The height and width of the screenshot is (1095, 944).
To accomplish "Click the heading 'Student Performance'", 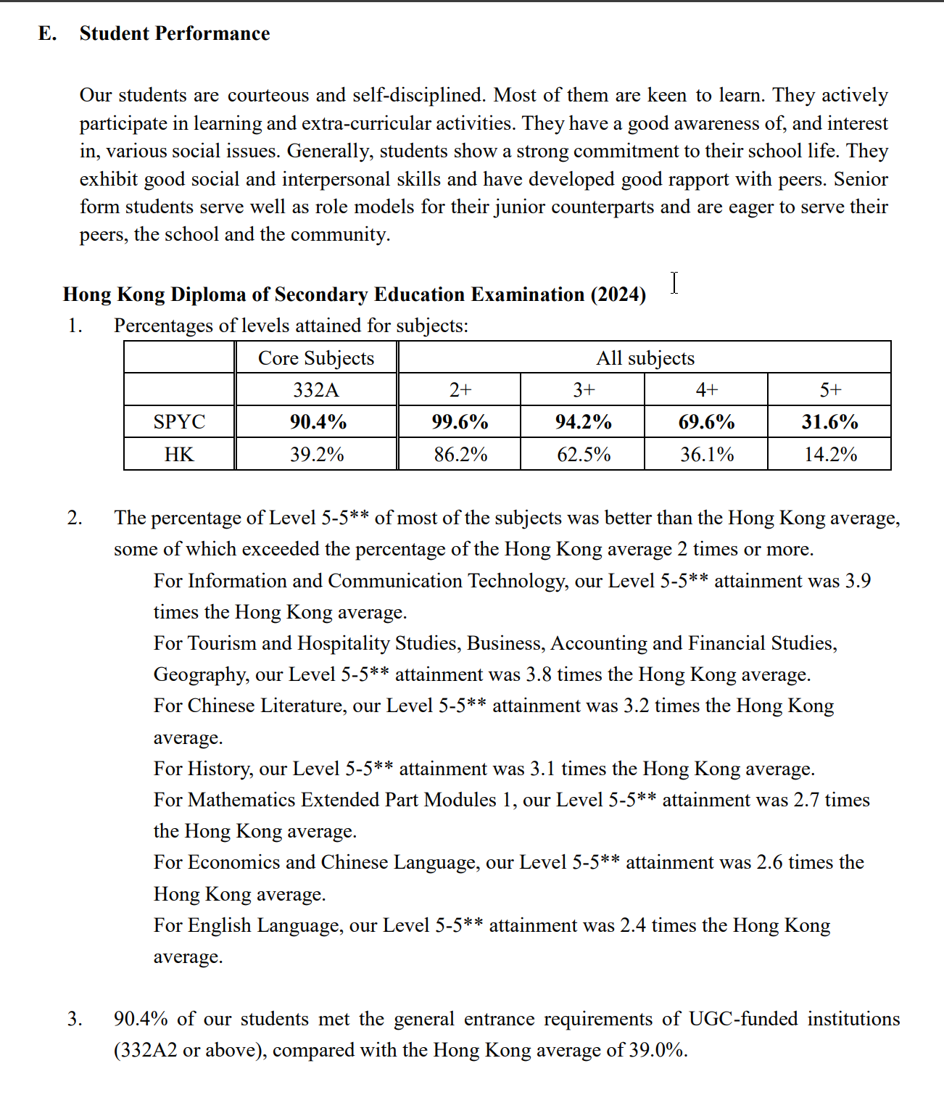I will click(174, 33).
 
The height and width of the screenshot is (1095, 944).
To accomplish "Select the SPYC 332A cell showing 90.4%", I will click(318, 421).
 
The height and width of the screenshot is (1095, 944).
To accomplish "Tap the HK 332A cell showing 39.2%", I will click(317, 455).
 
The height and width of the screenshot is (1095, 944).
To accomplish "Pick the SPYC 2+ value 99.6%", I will click(460, 421).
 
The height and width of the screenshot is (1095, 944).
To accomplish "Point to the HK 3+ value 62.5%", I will click(584, 455).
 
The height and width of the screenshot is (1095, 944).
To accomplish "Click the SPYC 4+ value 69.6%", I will click(706, 421).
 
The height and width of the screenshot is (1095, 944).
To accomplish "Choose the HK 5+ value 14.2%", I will click(830, 455).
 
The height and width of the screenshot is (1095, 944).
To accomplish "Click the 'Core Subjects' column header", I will click(316, 358).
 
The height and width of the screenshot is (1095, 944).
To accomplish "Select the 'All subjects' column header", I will click(645, 358).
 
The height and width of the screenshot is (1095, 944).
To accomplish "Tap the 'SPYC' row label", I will click(179, 421).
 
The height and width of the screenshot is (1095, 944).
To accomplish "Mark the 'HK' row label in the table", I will click(179, 455).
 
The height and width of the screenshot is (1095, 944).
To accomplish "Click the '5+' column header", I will click(830, 390).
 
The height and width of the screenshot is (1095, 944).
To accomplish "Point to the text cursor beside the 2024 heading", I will click(674, 283).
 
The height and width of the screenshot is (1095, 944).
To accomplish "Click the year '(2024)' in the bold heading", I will click(618, 294).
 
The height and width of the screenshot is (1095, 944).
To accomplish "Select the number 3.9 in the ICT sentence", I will click(858, 581).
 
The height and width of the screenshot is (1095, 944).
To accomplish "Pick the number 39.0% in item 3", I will click(657, 1050).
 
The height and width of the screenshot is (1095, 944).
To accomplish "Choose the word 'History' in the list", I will click(218, 769).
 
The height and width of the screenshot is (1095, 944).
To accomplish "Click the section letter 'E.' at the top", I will click(47, 33).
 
